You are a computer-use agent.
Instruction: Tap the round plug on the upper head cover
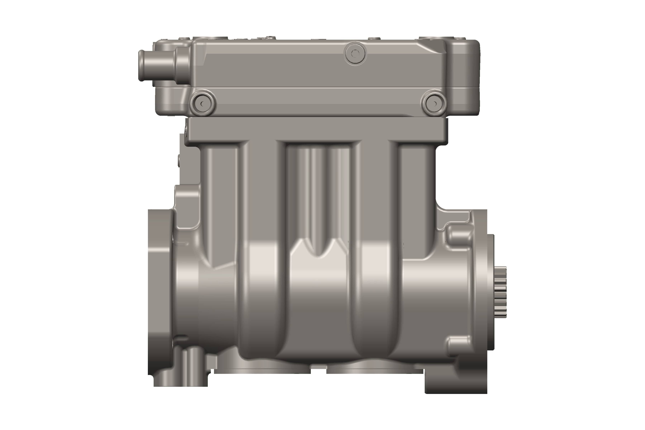point(355,54)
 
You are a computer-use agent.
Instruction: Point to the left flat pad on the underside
point(262,370)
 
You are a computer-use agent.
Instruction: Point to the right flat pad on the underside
point(374,370)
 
